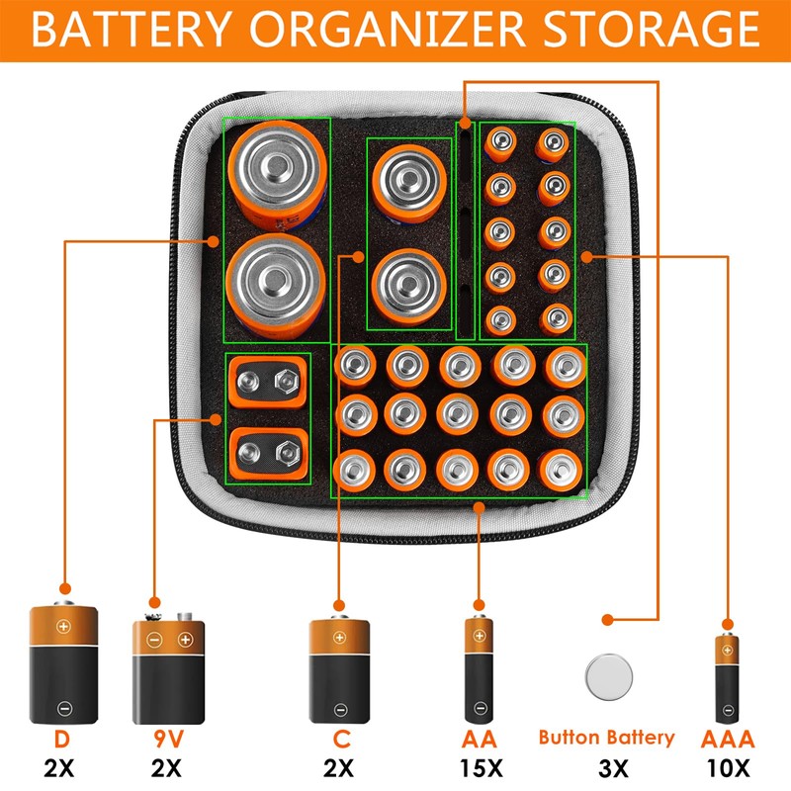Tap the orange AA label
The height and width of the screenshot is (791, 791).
click(479, 739)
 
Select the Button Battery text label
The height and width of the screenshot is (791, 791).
click(606, 738)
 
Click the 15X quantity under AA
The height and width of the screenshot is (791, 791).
click(479, 766)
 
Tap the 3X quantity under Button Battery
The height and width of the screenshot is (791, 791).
click(606, 766)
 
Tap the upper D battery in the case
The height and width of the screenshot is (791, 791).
click(276, 174)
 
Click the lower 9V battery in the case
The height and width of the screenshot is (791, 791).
click(268, 452)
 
